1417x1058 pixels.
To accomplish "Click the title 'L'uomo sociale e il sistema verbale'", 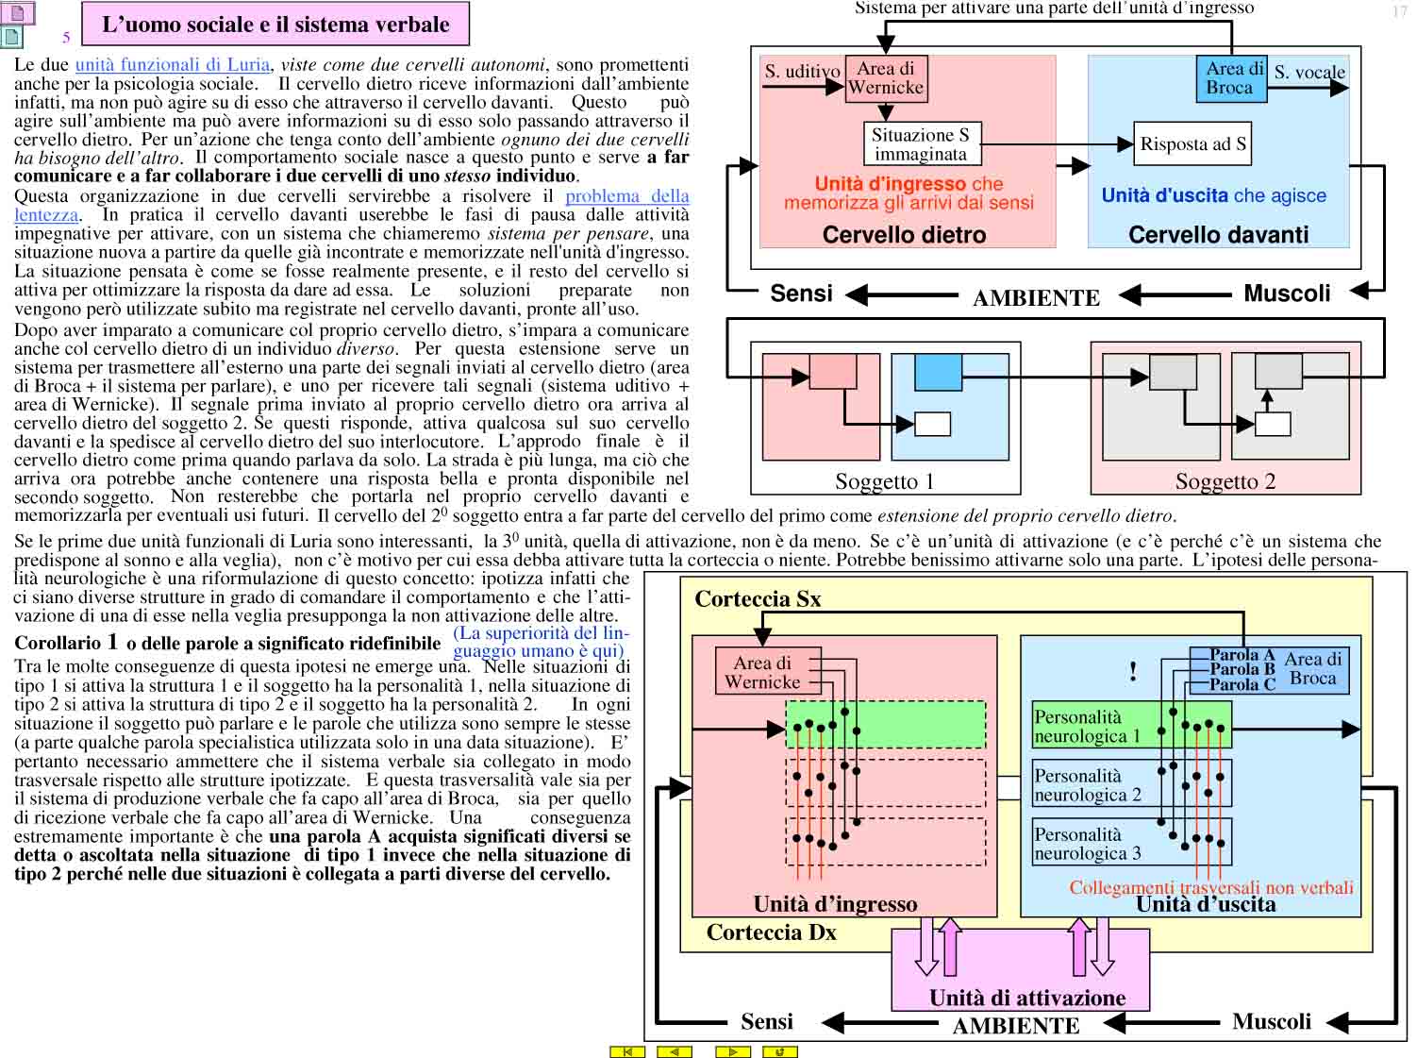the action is click(275, 25).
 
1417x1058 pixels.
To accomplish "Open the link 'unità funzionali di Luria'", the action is click(173, 64).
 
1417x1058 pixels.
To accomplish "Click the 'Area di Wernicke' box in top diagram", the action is click(886, 78).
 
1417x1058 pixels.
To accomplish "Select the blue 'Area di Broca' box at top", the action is click(1231, 78).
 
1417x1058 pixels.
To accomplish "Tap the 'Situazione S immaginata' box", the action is click(922, 144).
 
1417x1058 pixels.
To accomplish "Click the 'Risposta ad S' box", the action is click(1192, 143).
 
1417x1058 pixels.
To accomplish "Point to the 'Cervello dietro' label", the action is click(904, 234).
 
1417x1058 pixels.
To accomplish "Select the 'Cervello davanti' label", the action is click(1218, 234).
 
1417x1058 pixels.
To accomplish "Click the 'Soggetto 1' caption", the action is click(884, 481).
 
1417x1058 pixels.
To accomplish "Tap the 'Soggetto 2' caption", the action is click(1225, 481).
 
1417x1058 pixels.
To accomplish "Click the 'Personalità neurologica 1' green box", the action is click(1131, 726).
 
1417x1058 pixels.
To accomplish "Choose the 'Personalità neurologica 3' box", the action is click(1131, 843).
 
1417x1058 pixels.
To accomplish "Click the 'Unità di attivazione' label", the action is click(1027, 998).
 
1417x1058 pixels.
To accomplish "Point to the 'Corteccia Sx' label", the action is click(758, 599).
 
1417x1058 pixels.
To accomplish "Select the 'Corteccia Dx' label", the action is click(771, 932).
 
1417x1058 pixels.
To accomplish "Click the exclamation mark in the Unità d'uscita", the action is click(1132, 671).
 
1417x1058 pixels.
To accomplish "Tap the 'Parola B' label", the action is click(1242, 669).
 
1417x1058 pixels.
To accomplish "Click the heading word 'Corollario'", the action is click(58, 643).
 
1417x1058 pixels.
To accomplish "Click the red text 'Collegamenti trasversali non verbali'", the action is click(1210, 887).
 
